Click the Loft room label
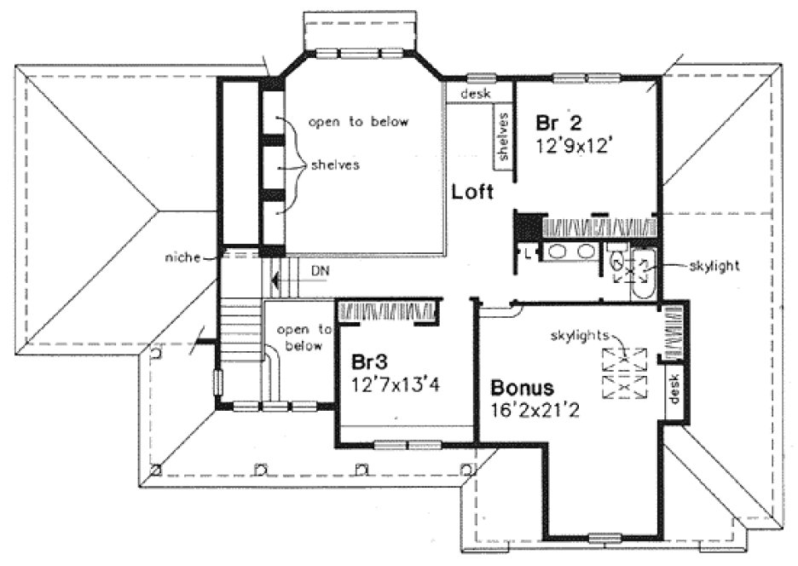[472, 193]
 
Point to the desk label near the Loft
[475, 94]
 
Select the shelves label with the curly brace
[334, 165]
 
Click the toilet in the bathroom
[616, 261]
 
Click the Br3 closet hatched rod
[388, 311]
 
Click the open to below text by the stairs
[304, 337]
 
